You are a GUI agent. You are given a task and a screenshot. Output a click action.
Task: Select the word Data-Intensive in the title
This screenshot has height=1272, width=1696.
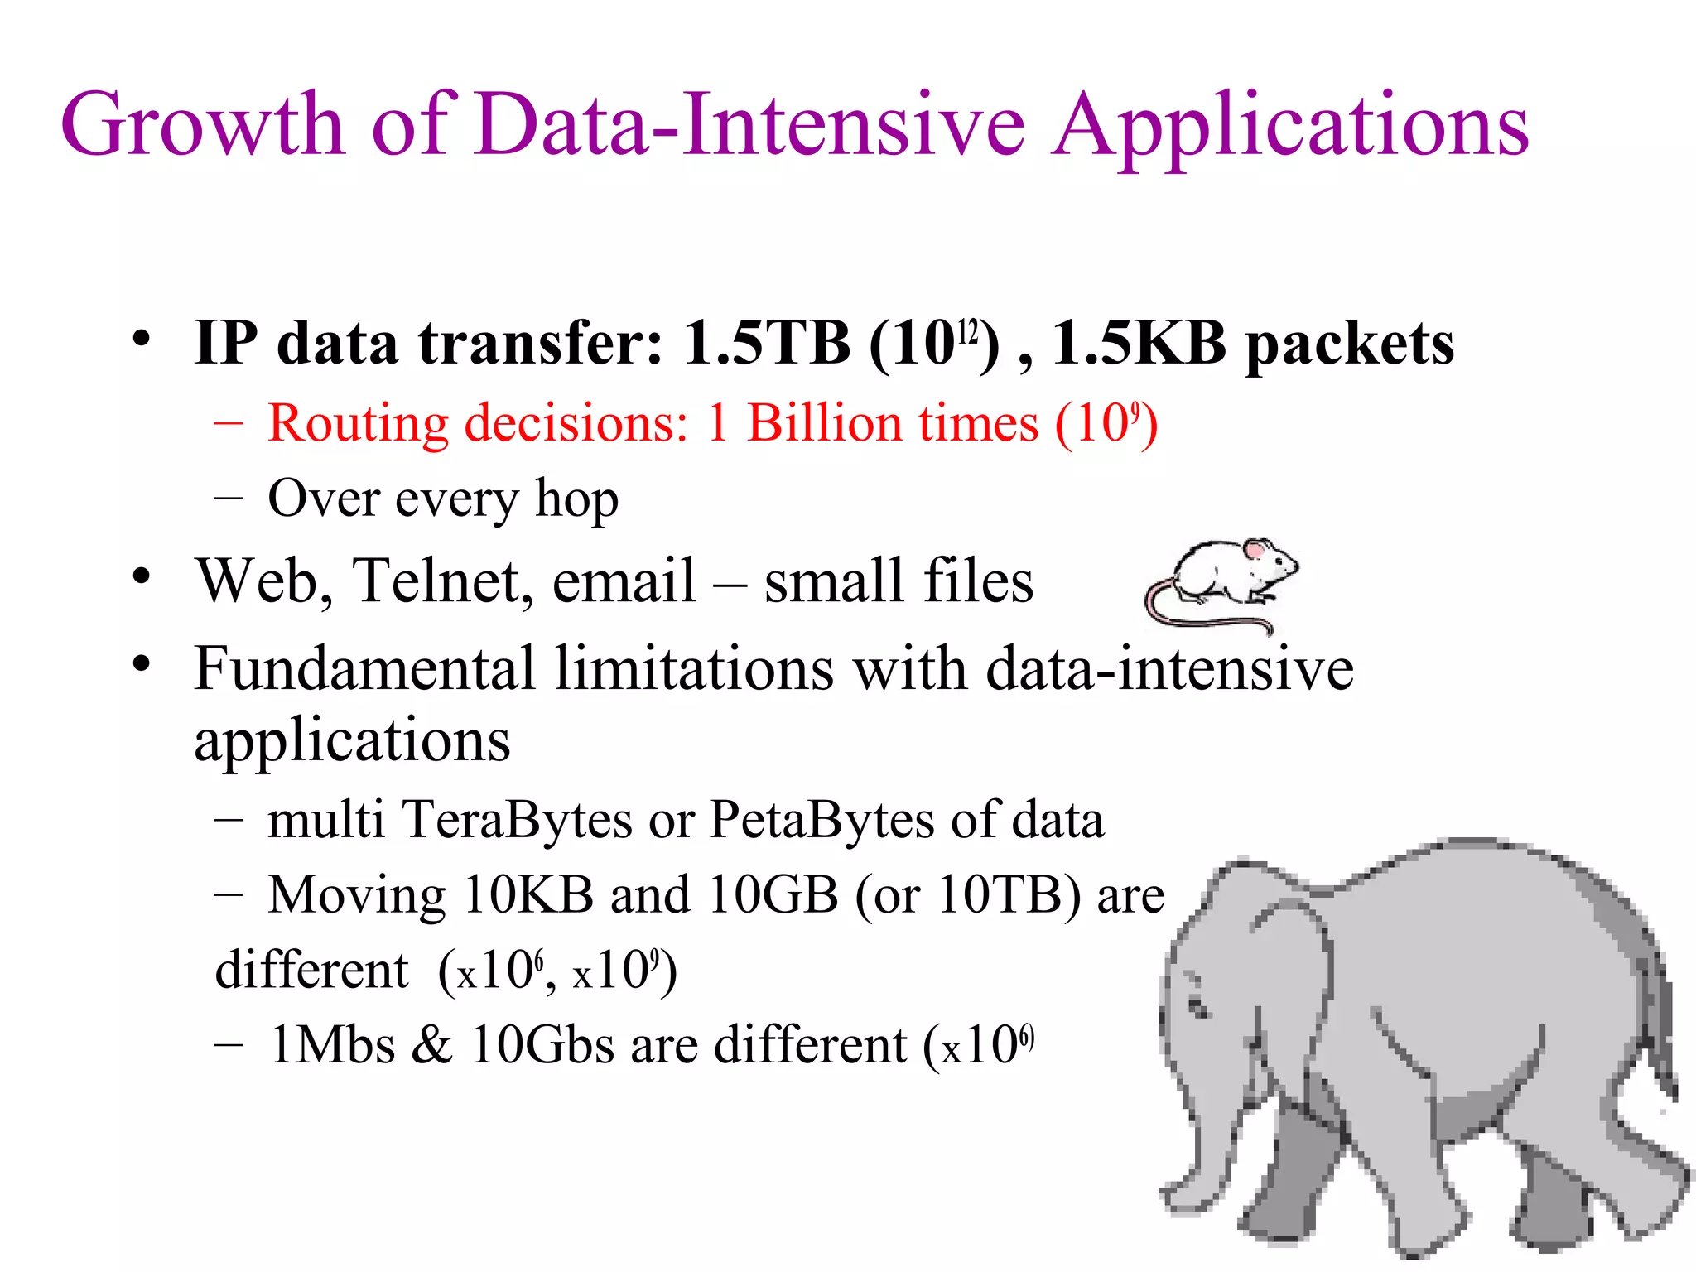(749, 124)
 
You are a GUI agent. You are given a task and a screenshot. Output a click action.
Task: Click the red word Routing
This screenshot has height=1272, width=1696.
(358, 424)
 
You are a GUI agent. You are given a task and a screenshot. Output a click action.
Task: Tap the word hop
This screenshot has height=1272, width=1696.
(576, 500)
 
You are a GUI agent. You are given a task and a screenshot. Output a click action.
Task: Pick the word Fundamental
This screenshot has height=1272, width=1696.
(364, 668)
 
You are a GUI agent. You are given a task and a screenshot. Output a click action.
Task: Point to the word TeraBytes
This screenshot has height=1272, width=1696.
(518, 820)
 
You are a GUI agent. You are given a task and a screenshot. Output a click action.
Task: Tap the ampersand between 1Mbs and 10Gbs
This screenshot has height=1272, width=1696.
(431, 1045)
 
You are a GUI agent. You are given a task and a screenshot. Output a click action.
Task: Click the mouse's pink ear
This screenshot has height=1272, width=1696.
(1258, 549)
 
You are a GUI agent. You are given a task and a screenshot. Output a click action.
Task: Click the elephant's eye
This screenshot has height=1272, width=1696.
(1198, 1008)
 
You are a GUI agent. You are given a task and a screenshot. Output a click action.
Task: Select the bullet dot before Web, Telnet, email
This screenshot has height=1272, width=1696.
(142, 576)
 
